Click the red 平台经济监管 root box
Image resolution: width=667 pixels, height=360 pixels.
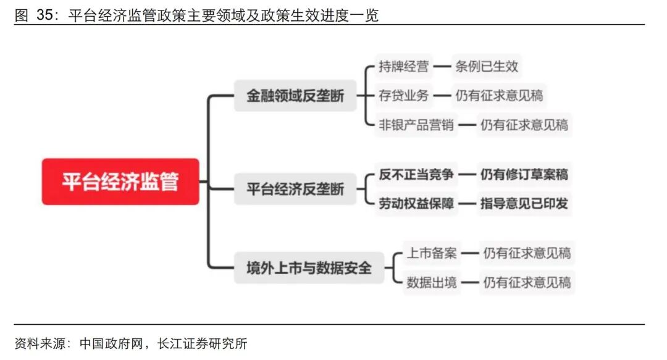[x=120, y=182]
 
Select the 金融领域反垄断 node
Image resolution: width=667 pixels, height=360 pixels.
[x=295, y=96]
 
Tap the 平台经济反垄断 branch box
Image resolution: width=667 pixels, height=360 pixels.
[x=295, y=189]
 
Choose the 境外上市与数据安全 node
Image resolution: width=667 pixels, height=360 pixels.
[x=309, y=268]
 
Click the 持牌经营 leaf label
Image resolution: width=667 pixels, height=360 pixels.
[x=403, y=65]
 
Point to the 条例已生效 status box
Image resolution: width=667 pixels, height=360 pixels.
[x=486, y=65]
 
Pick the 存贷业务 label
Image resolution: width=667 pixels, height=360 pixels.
[x=403, y=95]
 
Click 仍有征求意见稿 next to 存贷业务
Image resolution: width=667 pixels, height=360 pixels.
[x=499, y=95]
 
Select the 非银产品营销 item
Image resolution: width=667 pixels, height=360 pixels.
[x=416, y=125]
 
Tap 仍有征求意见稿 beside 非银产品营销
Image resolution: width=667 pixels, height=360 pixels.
[x=524, y=125]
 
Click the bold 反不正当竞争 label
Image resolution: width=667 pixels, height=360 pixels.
[x=416, y=175]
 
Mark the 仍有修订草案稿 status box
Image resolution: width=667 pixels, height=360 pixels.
[x=524, y=175]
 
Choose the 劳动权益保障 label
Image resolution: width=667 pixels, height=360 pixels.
[x=416, y=204]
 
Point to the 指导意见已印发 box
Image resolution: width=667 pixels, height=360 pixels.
[x=524, y=204]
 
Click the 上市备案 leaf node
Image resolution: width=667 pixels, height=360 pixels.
[x=432, y=253]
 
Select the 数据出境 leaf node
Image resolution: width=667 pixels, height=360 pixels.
[x=432, y=283]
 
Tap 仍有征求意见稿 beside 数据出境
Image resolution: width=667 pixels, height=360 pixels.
[x=527, y=283]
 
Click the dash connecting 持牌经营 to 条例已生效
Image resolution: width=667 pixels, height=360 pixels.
[x=441, y=65]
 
